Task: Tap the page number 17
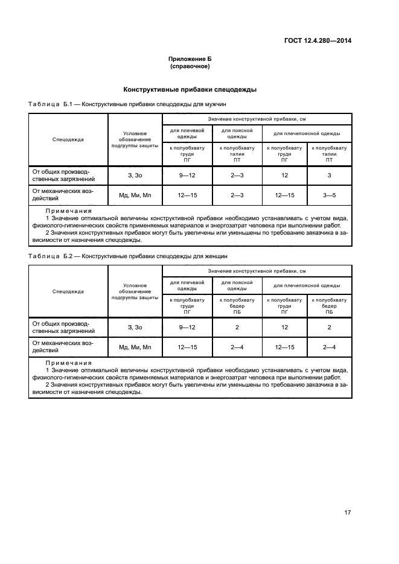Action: tap(347, 513)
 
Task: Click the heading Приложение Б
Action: tap(190, 59)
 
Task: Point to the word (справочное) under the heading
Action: tap(190, 66)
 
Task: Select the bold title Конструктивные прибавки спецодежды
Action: tap(190, 90)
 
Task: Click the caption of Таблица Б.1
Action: tap(127, 104)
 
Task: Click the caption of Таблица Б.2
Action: tap(128, 256)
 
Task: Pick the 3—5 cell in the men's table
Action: tap(329, 195)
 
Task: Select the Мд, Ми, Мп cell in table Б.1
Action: tap(135, 195)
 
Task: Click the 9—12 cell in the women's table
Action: tap(187, 327)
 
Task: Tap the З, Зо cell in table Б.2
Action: tap(135, 327)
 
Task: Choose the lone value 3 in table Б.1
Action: tap(329, 176)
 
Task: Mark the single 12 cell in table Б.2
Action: tap(284, 327)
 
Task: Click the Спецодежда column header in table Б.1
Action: tap(68, 139)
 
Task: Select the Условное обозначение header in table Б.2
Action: tap(135, 291)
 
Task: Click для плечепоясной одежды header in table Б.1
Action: tap(307, 133)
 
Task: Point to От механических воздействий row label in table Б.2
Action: tap(63, 346)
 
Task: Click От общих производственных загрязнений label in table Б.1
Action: tap(63, 176)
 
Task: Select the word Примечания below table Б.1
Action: tap(69, 212)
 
